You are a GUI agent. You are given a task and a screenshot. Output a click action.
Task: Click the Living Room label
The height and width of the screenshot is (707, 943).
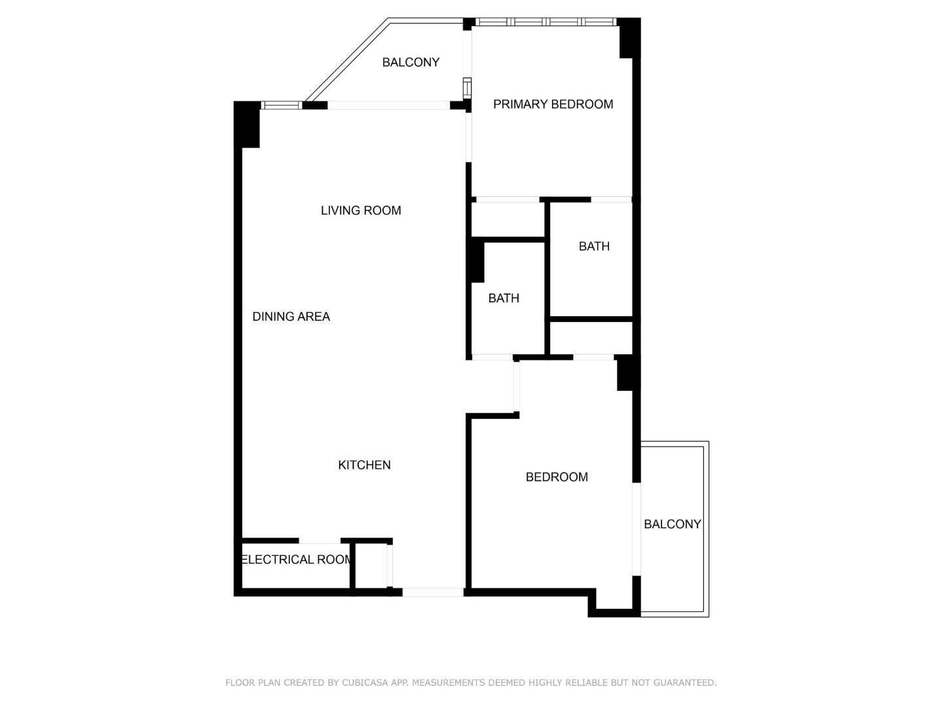click(x=361, y=210)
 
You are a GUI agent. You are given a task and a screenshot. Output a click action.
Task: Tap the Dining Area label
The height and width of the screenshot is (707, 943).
click(x=291, y=316)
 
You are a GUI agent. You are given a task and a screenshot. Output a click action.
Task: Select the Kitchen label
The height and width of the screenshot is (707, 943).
click(x=364, y=465)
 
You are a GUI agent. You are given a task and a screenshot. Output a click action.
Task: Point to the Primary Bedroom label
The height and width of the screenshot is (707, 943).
click(x=553, y=104)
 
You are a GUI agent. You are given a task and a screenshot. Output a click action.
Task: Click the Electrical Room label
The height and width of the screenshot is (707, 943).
click(x=297, y=559)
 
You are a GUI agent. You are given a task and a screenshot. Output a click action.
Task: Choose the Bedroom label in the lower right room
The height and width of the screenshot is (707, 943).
click(x=557, y=477)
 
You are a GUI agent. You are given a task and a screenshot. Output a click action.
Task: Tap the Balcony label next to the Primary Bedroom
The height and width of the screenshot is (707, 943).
click(x=411, y=62)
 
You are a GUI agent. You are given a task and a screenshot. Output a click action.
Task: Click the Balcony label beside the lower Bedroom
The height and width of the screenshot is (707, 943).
click(x=673, y=524)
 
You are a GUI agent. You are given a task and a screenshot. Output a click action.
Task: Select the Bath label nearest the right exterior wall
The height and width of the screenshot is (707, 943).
click(x=594, y=246)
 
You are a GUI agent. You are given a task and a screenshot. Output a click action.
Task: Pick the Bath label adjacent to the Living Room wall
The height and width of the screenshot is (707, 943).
click(x=504, y=298)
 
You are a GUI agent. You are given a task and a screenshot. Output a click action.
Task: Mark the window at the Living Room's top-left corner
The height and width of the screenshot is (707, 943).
click(x=282, y=105)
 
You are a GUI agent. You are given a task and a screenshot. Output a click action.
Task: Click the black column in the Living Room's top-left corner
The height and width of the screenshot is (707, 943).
click(x=247, y=124)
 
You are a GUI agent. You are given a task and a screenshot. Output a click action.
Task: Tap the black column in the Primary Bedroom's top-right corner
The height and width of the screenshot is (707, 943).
click(x=629, y=38)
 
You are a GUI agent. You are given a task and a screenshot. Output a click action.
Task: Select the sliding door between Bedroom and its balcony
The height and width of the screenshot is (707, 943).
click(x=637, y=530)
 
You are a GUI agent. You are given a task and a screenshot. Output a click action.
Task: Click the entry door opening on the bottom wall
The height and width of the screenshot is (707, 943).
click(x=433, y=592)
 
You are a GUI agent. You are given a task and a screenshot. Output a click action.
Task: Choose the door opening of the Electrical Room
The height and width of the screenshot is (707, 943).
click(x=320, y=541)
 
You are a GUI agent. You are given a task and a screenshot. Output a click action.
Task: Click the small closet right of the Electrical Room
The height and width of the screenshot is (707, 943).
click(x=371, y=566)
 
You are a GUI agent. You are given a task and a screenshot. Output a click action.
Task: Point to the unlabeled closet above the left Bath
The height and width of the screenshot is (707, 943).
click(x=508, y=219)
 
